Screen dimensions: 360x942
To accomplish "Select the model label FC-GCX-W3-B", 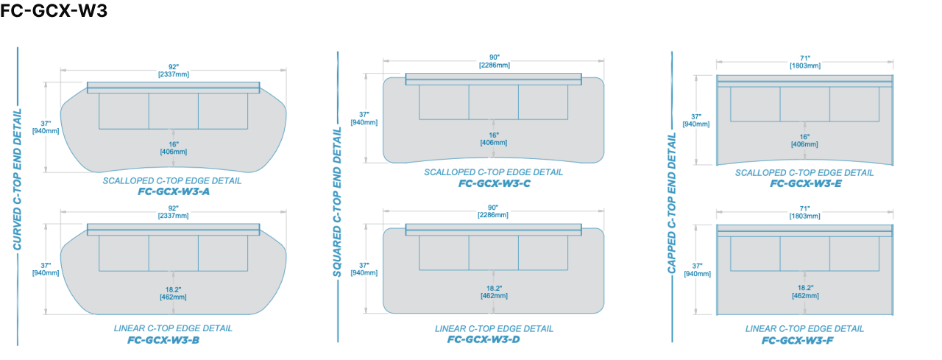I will [163, 340].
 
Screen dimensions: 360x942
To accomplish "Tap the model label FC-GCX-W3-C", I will [494, 183].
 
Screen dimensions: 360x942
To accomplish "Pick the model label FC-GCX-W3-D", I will [484, 339].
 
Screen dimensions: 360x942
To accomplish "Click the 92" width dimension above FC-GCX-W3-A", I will [173, 70].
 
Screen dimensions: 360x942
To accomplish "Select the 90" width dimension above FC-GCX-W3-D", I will [493, 211].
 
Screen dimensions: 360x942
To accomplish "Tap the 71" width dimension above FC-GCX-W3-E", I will [804, 62].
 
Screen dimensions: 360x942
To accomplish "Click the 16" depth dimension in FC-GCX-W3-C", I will [493, 138].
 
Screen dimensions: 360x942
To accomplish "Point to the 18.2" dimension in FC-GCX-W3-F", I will [804, 292].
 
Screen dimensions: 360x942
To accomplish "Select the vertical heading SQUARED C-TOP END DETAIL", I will [337, 202].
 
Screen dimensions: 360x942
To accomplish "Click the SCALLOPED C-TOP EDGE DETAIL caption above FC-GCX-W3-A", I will [172, 180].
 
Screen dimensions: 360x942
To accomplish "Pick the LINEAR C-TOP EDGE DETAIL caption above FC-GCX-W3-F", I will [804, 328].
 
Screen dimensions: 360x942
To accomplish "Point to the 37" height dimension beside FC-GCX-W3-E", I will [696, 120].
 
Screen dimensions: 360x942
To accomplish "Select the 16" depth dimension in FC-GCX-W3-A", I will [173, 148].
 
